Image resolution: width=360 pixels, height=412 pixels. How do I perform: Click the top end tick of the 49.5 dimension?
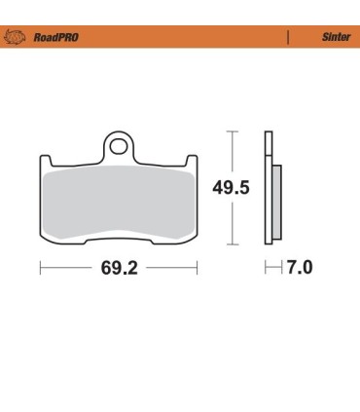coord(232,130)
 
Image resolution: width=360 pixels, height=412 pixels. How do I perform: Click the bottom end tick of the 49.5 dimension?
coord(232,244)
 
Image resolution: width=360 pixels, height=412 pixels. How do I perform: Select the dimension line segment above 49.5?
coord(232,151)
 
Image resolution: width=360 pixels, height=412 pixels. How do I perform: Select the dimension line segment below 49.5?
coord(232,224)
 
